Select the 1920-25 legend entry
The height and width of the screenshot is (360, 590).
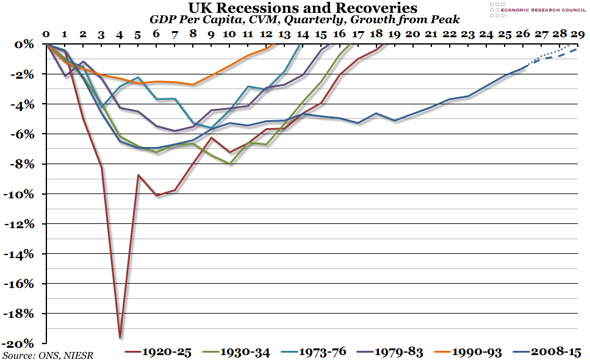159,352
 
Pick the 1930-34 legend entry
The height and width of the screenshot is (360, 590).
240,352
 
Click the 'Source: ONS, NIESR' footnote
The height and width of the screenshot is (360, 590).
48,355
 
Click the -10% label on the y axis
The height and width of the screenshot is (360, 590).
23,194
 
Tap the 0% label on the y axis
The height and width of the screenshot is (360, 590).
28,45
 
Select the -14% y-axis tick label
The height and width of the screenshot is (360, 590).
23,254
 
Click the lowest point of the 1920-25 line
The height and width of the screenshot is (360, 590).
120,337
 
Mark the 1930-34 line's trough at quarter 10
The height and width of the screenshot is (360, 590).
229,164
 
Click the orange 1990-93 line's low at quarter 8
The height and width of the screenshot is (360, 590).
193,84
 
